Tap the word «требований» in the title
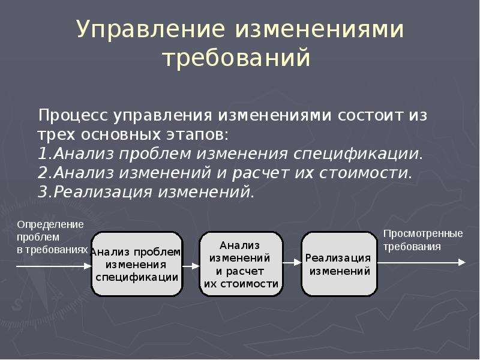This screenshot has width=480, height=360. coord(236,58)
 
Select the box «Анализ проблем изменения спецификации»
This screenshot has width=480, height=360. coord(137,264)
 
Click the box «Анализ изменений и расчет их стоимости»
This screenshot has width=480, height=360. coord(241,264)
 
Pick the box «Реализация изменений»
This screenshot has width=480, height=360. coord(339,264)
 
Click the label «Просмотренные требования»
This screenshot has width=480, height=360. coord(423,240)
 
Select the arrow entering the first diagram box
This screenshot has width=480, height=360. coord(54,266)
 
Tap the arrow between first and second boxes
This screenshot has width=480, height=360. coord(191,266)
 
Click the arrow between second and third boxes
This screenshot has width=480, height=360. coord(292,262)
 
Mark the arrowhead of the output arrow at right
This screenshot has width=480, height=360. coord(461,262)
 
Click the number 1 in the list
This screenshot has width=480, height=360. coord(42,154)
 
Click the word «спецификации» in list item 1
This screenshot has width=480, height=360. coord(356,154)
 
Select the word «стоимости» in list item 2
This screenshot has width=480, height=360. coord(364,173)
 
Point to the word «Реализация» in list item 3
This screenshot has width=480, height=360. coord(103,193)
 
